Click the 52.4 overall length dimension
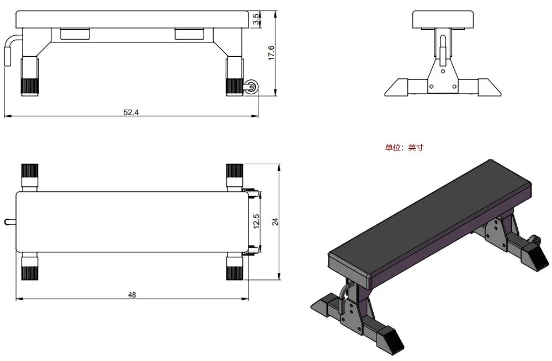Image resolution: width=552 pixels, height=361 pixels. point(131,112)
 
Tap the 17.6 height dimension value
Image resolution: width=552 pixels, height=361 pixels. point(272,53)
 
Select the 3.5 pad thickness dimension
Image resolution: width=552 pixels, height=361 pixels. point(257,19)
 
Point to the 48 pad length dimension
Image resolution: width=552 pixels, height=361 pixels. point(132,294)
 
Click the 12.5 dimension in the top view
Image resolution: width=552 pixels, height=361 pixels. point(256,222)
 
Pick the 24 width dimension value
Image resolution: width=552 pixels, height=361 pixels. point(275,222)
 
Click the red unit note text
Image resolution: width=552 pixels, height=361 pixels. point(404,147)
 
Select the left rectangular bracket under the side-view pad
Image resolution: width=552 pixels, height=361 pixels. point(75,34)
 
